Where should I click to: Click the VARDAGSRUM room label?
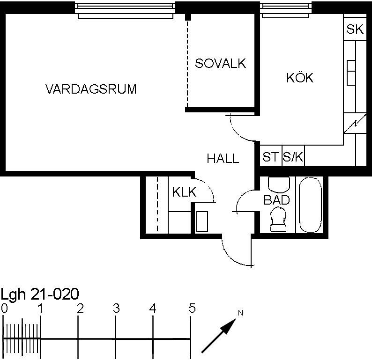click(x=91, y=89)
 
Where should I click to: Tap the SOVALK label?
click(x=220, y=63)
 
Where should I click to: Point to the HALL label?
click(x=223, y=158)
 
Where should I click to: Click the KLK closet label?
click(x=184, y=192)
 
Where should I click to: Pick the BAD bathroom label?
click(x=276, y=200)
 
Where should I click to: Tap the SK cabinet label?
click(x=355, y=29)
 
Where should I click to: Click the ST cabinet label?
click(x=270, y=157)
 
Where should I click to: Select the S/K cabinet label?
click(x=293, y=157)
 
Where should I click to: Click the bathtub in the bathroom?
click(x=310, y=205)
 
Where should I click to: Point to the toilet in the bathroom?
click(x=278, y=219)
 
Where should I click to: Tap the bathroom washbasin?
click(x=279, y=184)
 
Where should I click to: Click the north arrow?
click(x=219, y=335)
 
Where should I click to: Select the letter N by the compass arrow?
click(x=240, y=313)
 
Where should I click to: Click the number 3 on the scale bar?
click(x=116, y=309)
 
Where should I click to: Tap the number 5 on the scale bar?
click(x=192, y=308)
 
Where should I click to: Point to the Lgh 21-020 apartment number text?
click(x=40, y=294)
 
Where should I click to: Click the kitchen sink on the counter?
click(x=351, y=73)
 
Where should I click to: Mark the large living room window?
click(x=126, y=11)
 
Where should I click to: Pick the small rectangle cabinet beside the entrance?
click(x=202, y=221)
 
